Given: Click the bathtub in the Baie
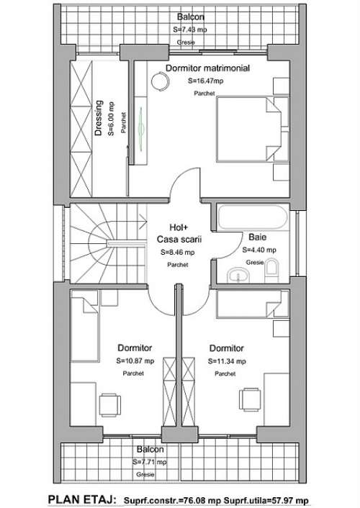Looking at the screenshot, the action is (253, 217).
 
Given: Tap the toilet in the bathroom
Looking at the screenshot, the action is (271, 271).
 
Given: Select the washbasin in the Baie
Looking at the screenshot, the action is (238, 276).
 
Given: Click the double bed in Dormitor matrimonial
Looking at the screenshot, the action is (253, 130).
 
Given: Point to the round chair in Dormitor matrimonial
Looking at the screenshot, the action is (161, 81).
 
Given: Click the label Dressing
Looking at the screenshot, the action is (99, 118).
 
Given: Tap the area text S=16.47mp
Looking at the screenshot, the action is (206, 81).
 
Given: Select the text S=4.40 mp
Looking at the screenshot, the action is (259, 250).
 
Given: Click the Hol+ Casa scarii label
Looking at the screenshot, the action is (179, 233).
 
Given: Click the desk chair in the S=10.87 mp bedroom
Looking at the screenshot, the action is (110, 405).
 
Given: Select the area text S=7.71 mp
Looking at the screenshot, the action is (150, 462).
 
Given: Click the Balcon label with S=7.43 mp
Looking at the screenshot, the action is (190, 17).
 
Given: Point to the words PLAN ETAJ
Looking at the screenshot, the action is (82, 499).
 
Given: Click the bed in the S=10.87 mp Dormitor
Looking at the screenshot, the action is (84, 326).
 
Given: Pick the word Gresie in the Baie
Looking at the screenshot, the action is (255, 262).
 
